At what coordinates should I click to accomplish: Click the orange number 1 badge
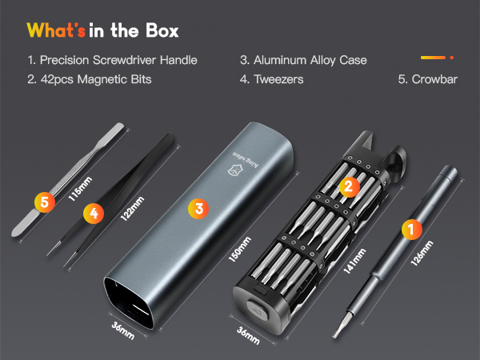click(x=411, y=230)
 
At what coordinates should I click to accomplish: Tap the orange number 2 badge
click(x=347, y=187)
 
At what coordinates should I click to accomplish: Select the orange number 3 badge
click(x=198, y=208)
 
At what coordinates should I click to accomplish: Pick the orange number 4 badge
click(x=94, y=213)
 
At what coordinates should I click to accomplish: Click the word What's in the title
click(x=56, y=31)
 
